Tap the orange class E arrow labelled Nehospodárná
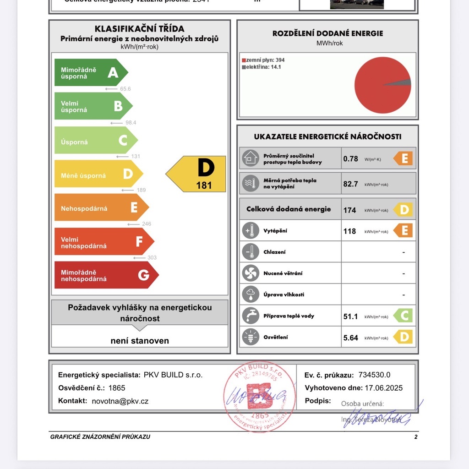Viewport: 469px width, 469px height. pos(101,208)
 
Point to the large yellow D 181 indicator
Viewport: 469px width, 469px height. pos(197,174)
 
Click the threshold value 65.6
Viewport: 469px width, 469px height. pos(125,89)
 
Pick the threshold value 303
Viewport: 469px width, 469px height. pos(152,257)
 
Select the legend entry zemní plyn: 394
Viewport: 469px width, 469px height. pos(263,60)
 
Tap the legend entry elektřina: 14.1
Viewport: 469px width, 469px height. pos(261,67)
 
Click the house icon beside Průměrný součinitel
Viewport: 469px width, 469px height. pos(251,158)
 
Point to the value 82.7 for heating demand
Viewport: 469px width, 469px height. pos(350,184)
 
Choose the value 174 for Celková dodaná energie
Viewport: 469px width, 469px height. pos(349,210)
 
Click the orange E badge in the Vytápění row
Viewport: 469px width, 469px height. pos(404,230)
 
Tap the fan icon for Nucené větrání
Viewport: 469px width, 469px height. pos(251,273)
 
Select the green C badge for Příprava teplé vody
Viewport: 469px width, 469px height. pos(404,316)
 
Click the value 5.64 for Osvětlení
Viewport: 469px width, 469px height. pos(350,338)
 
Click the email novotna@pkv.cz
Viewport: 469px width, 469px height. pos(120,401)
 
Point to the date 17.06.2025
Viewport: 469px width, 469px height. pos(383,388)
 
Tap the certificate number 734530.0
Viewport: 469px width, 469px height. pos(374,375)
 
